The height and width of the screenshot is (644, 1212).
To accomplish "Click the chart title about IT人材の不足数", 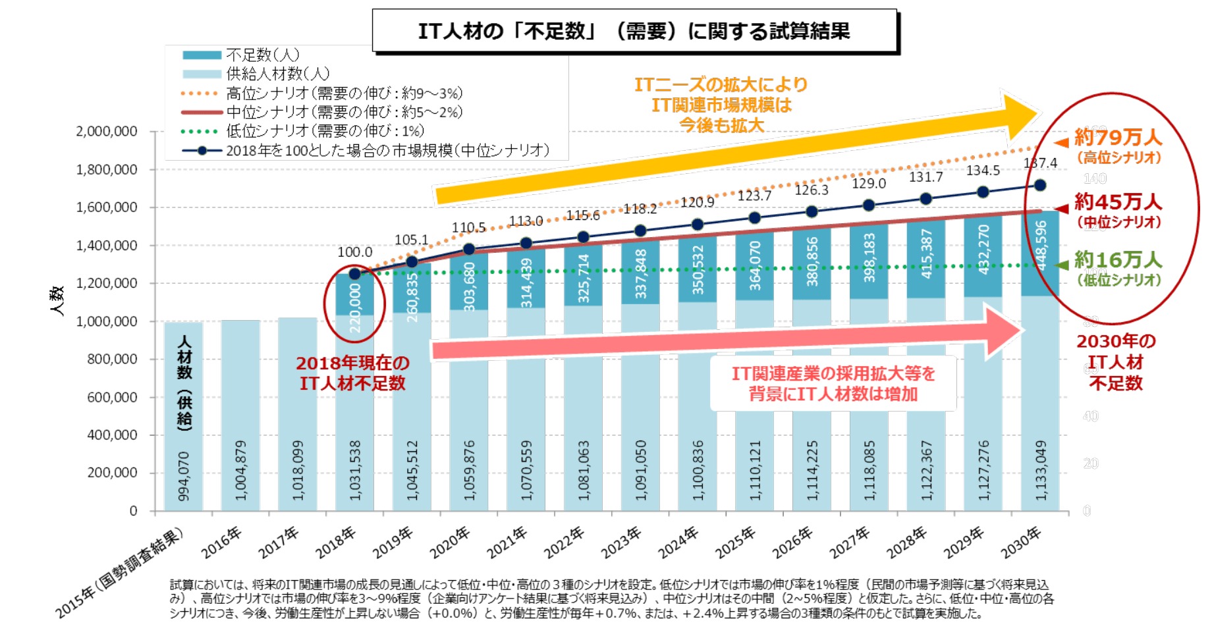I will [634, 31].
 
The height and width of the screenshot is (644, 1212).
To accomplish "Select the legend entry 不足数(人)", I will [262, 55].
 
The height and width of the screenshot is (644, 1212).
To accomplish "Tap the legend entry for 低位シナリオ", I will [325, 131].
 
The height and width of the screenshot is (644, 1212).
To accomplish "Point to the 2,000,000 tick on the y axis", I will [107, 131].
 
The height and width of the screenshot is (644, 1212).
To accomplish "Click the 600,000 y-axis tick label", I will [112, 397].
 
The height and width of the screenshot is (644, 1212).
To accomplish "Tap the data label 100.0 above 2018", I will [354, 252].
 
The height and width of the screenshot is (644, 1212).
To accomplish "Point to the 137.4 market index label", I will [1040, 163].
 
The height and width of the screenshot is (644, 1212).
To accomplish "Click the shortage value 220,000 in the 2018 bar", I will [355, 308].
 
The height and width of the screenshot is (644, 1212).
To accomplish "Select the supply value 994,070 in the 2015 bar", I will [184, 475].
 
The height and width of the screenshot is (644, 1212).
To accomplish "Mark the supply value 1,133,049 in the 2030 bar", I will [1041, 470].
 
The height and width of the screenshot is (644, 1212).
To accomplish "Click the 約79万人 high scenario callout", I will [1118, 137].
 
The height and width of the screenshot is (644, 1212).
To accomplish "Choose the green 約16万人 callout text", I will [1118, 259].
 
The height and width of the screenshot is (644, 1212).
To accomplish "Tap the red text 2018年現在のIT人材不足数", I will [352, 373].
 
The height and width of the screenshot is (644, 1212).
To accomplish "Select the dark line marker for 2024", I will [698, 225].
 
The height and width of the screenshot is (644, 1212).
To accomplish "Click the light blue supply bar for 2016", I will [240, 415].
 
